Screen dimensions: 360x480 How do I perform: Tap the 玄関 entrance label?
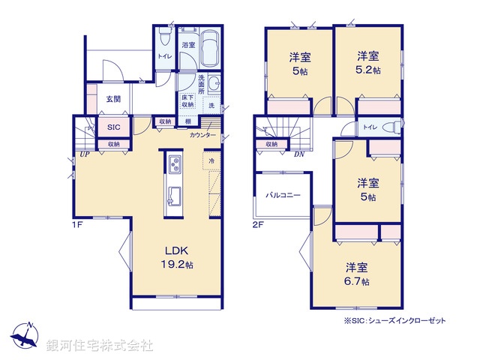113,100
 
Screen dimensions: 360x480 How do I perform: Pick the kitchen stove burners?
175,164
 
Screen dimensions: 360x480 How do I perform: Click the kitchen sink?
175,195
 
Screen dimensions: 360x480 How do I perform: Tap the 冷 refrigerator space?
211,160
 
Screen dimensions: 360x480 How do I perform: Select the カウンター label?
203,135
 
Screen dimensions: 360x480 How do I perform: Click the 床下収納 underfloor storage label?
187,101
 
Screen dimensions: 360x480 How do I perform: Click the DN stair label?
298,155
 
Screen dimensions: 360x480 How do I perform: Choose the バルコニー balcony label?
283,195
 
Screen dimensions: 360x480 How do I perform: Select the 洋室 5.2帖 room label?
367,61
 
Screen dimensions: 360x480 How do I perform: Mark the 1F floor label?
76,224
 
